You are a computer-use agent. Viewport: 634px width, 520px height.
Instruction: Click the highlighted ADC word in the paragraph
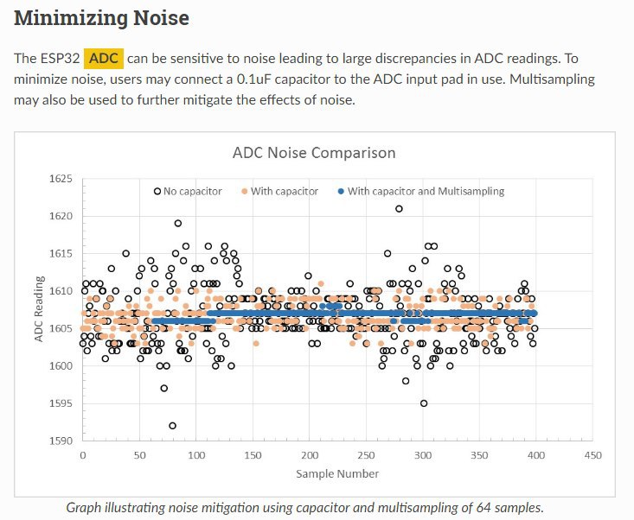pos(104,59)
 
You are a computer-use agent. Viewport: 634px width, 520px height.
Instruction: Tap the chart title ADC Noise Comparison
pos(314,153)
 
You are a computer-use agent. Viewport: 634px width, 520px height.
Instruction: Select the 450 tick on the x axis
pos(592,455)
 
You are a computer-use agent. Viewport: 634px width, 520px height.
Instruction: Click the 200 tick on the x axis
pos(310,455)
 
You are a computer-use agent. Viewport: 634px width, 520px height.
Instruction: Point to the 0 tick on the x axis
pos(82,455)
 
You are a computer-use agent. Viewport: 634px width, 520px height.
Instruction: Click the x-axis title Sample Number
pos(337,473)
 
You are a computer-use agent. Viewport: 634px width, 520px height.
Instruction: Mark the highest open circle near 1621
pos(399,208)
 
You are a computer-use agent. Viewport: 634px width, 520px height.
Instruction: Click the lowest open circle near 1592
pos(173,425)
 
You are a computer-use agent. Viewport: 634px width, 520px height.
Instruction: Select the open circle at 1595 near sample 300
pos(424,403)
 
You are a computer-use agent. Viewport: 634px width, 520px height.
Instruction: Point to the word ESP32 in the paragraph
pos(60,59)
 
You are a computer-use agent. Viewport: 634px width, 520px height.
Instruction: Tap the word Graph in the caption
pos(85,507)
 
